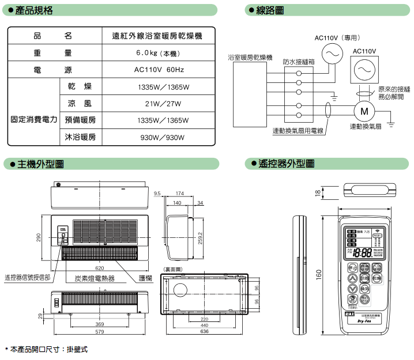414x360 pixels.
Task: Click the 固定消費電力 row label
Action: click(34, 120)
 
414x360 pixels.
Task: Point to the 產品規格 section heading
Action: click(35, 10)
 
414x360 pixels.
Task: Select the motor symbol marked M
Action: click(364, 111)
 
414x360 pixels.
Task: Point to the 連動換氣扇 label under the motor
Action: click(366, 126)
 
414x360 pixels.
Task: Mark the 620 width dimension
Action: click(100, 268)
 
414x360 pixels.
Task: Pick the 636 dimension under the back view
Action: click(204, 332)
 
